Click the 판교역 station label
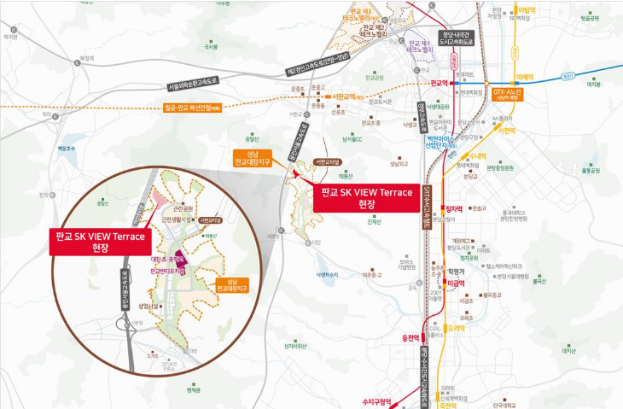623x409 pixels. coord(440,84)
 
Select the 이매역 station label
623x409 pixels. coord(523,75)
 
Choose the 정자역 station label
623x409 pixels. coord(454,207)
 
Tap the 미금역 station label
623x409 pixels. coord(456,282)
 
